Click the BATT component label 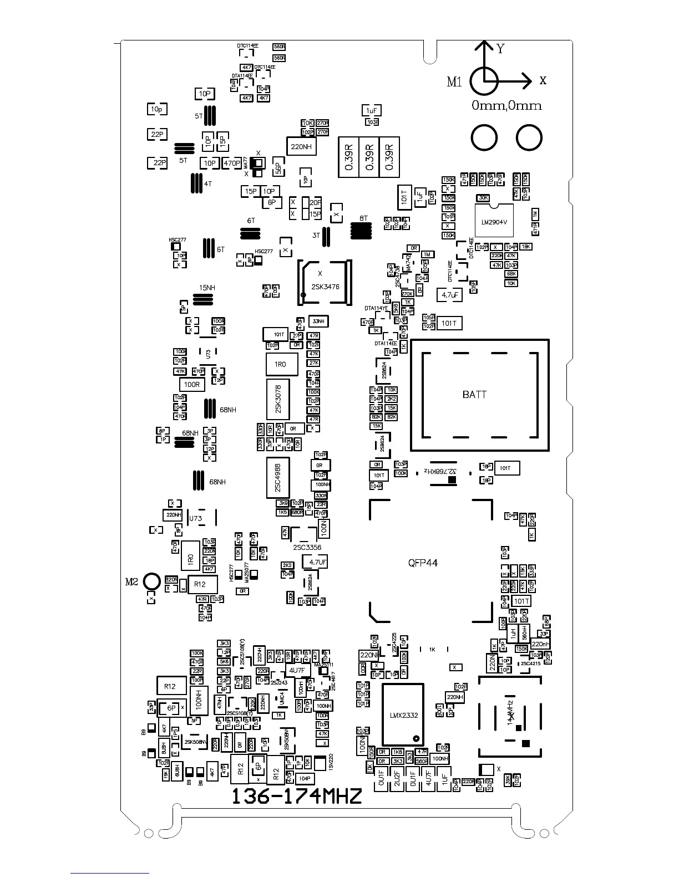[x=474, y=395]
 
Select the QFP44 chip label [x=423, y=563]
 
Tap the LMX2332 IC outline [x=403, y=715]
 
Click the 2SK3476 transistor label [x=325, y=287]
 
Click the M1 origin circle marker [x=484, y=81]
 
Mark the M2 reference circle [x=151, y=581]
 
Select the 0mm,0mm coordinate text [x=506, y=105]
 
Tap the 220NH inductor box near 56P [x=301, y=146]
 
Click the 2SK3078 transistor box [x=279, y=400]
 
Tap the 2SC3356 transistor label [x=307, y=548]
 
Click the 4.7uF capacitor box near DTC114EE [x=449, y=295]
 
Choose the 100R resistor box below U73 [x=192, y=384]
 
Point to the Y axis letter [x=500, y=49]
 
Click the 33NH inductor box [x=318, y=321]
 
